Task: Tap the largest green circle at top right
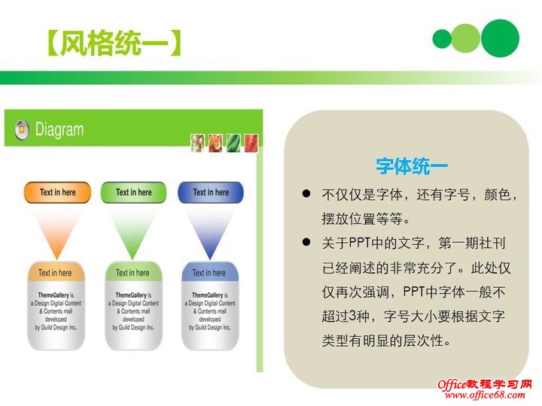click(500, 38)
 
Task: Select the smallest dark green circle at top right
click(442, 38)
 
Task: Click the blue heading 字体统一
click(412, 166)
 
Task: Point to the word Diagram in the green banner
click(59, 129)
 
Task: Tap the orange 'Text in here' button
click(58, 192)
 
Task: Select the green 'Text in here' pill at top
click(133, 192)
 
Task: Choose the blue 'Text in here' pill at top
click(211, 192)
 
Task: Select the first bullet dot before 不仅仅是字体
click(306, 195)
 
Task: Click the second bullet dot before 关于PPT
click(306, 243)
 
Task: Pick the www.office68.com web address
click(487, 395)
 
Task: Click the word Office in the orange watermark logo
click(455, 384)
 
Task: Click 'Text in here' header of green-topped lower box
click(132, 273)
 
